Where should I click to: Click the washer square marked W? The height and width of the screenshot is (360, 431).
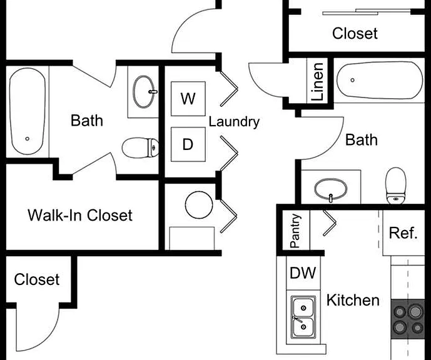188,99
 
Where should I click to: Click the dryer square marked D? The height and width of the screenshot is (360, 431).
188,144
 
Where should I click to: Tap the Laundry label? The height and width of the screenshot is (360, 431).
234,122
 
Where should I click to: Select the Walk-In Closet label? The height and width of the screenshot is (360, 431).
80,215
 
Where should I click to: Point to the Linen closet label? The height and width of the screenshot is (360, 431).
317,82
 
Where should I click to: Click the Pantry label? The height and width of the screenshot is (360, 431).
295,231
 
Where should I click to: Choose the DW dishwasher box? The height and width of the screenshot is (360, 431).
303,272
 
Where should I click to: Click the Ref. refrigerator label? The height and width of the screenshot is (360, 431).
403,233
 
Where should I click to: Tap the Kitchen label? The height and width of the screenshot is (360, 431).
353,300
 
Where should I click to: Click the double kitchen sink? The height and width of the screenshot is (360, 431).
303,317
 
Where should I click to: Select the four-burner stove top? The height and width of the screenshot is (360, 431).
408,319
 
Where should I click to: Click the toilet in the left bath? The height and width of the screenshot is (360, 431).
140,147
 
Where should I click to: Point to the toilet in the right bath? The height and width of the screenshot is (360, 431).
396,186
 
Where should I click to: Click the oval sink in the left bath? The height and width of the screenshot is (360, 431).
143,92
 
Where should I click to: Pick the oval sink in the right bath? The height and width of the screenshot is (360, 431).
331,189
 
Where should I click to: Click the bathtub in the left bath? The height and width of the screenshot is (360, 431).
28,111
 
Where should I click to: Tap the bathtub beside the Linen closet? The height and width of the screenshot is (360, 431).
380,80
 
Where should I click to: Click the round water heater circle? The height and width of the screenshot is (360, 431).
199,205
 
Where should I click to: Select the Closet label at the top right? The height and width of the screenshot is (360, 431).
355,34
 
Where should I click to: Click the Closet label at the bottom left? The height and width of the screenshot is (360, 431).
37,279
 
